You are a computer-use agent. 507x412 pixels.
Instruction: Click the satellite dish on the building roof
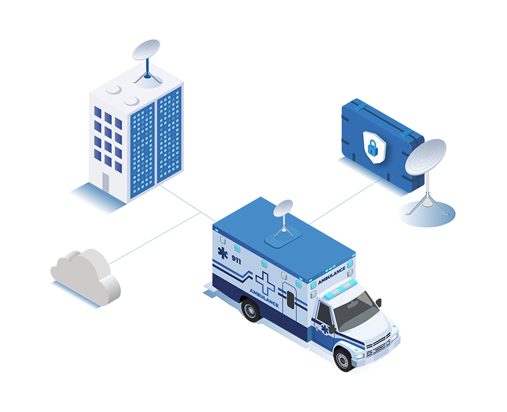(x=146, y=53)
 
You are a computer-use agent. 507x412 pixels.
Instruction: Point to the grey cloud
(x=84, y=274)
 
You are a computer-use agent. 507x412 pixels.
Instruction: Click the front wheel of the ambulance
(x=343, y=358)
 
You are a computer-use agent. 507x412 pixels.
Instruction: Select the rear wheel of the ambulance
(x=250, y=310)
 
